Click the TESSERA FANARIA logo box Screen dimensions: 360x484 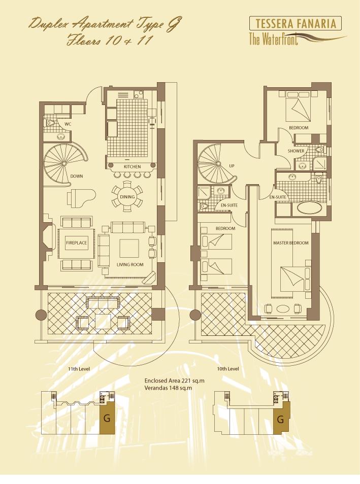tap(295, 23)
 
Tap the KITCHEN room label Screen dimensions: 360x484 tap(132, 167)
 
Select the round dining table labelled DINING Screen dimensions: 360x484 tap(127, 197)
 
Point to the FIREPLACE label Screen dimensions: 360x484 tap(76, 243)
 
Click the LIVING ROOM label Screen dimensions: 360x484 tap(130, 264)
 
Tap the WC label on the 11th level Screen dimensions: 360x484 tap(68, 124)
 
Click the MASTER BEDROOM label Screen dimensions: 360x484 tap(291, 243)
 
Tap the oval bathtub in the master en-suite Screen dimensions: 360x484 tap(310, 208)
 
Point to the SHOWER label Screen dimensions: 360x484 tap(296, 151)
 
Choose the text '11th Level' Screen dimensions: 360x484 tap(79, 369)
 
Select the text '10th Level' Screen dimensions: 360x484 tap(228, 369)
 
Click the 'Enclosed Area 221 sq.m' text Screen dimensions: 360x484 tap(174, 381)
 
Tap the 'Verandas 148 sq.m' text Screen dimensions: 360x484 tap(168, 388)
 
